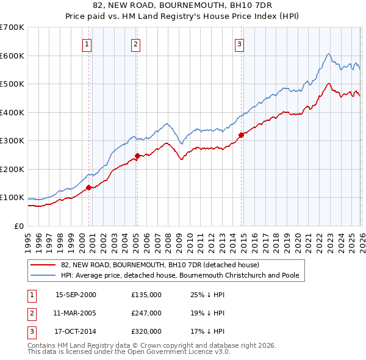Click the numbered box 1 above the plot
(x=87, y=44)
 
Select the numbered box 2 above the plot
(x=135, y=44)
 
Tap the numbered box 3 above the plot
(x=240, y=44)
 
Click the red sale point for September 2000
(x=88, y=187)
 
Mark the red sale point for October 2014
(x=241, y=135)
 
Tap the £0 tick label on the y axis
(x=20, y=226)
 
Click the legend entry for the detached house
(x=160, y=265)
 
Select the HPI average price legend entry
(x=180, y=276)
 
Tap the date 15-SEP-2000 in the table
(x=76, y=295)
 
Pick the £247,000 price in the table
(x=146, y=313)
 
